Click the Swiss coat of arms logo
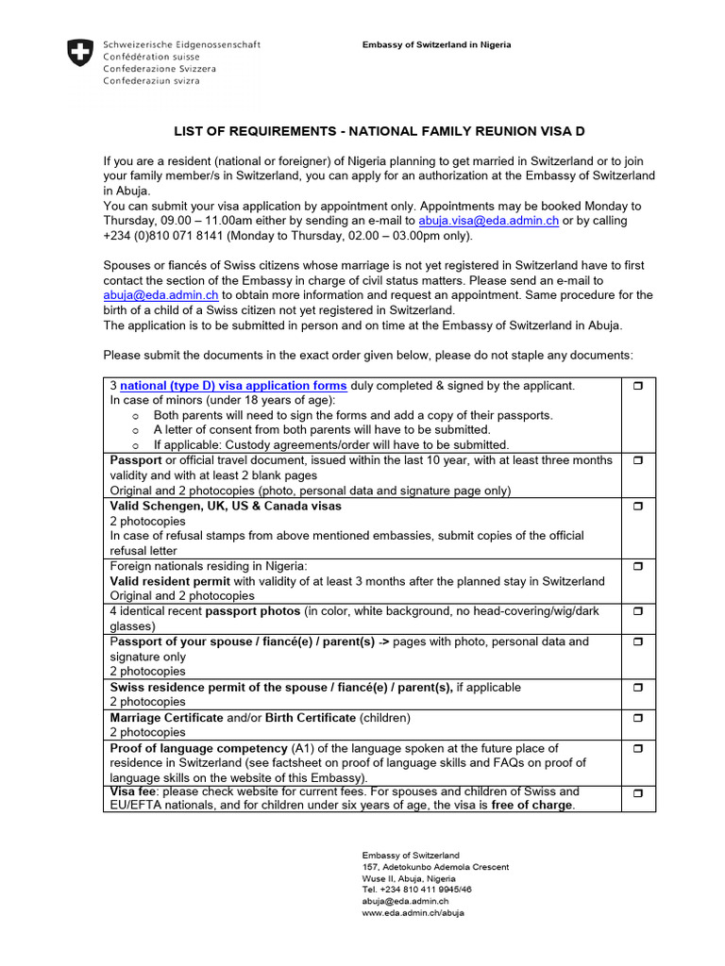click(81, 51)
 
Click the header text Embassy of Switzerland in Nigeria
click(437, 45)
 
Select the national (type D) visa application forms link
click(233, 386)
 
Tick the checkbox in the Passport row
click(637, 460)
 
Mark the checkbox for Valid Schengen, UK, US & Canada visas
click(637, 507)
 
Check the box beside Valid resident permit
click(637, 567)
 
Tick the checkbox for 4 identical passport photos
click(637, 612)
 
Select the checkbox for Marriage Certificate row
click(637, 718)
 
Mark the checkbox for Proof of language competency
click(637, 748)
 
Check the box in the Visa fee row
click(637, 793)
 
